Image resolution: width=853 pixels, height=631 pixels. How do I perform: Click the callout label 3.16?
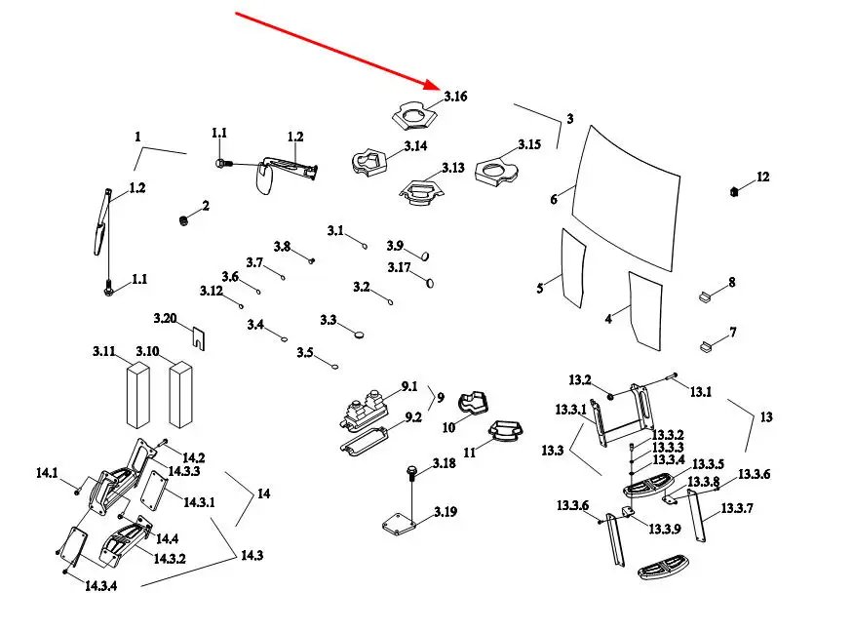tap(455, 97)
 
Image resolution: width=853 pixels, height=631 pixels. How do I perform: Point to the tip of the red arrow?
tap(440, 88)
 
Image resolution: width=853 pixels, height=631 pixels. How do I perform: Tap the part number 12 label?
tap(762, 177)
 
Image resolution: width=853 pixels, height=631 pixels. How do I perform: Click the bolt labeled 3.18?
tap(411, 475)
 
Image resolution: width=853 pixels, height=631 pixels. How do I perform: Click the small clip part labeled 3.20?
tap(198, 337)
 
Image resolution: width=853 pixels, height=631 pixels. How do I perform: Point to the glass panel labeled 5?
tap(573, 265)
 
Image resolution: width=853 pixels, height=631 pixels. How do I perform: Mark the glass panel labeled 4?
tap(644, 309)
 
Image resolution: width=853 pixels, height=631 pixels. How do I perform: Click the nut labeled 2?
tap(182, 219)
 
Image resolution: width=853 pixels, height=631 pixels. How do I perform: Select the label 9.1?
tap(407, 386)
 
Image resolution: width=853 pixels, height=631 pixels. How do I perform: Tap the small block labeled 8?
tap(707, 296)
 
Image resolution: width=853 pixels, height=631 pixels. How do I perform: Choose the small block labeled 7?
tap(707, 342)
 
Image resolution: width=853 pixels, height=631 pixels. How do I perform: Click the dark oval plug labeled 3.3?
tap(361, 334)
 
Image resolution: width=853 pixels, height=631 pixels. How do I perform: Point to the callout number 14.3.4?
tap(100, 586)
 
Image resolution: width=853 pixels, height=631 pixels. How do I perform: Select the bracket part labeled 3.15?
tap(496, 173)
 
